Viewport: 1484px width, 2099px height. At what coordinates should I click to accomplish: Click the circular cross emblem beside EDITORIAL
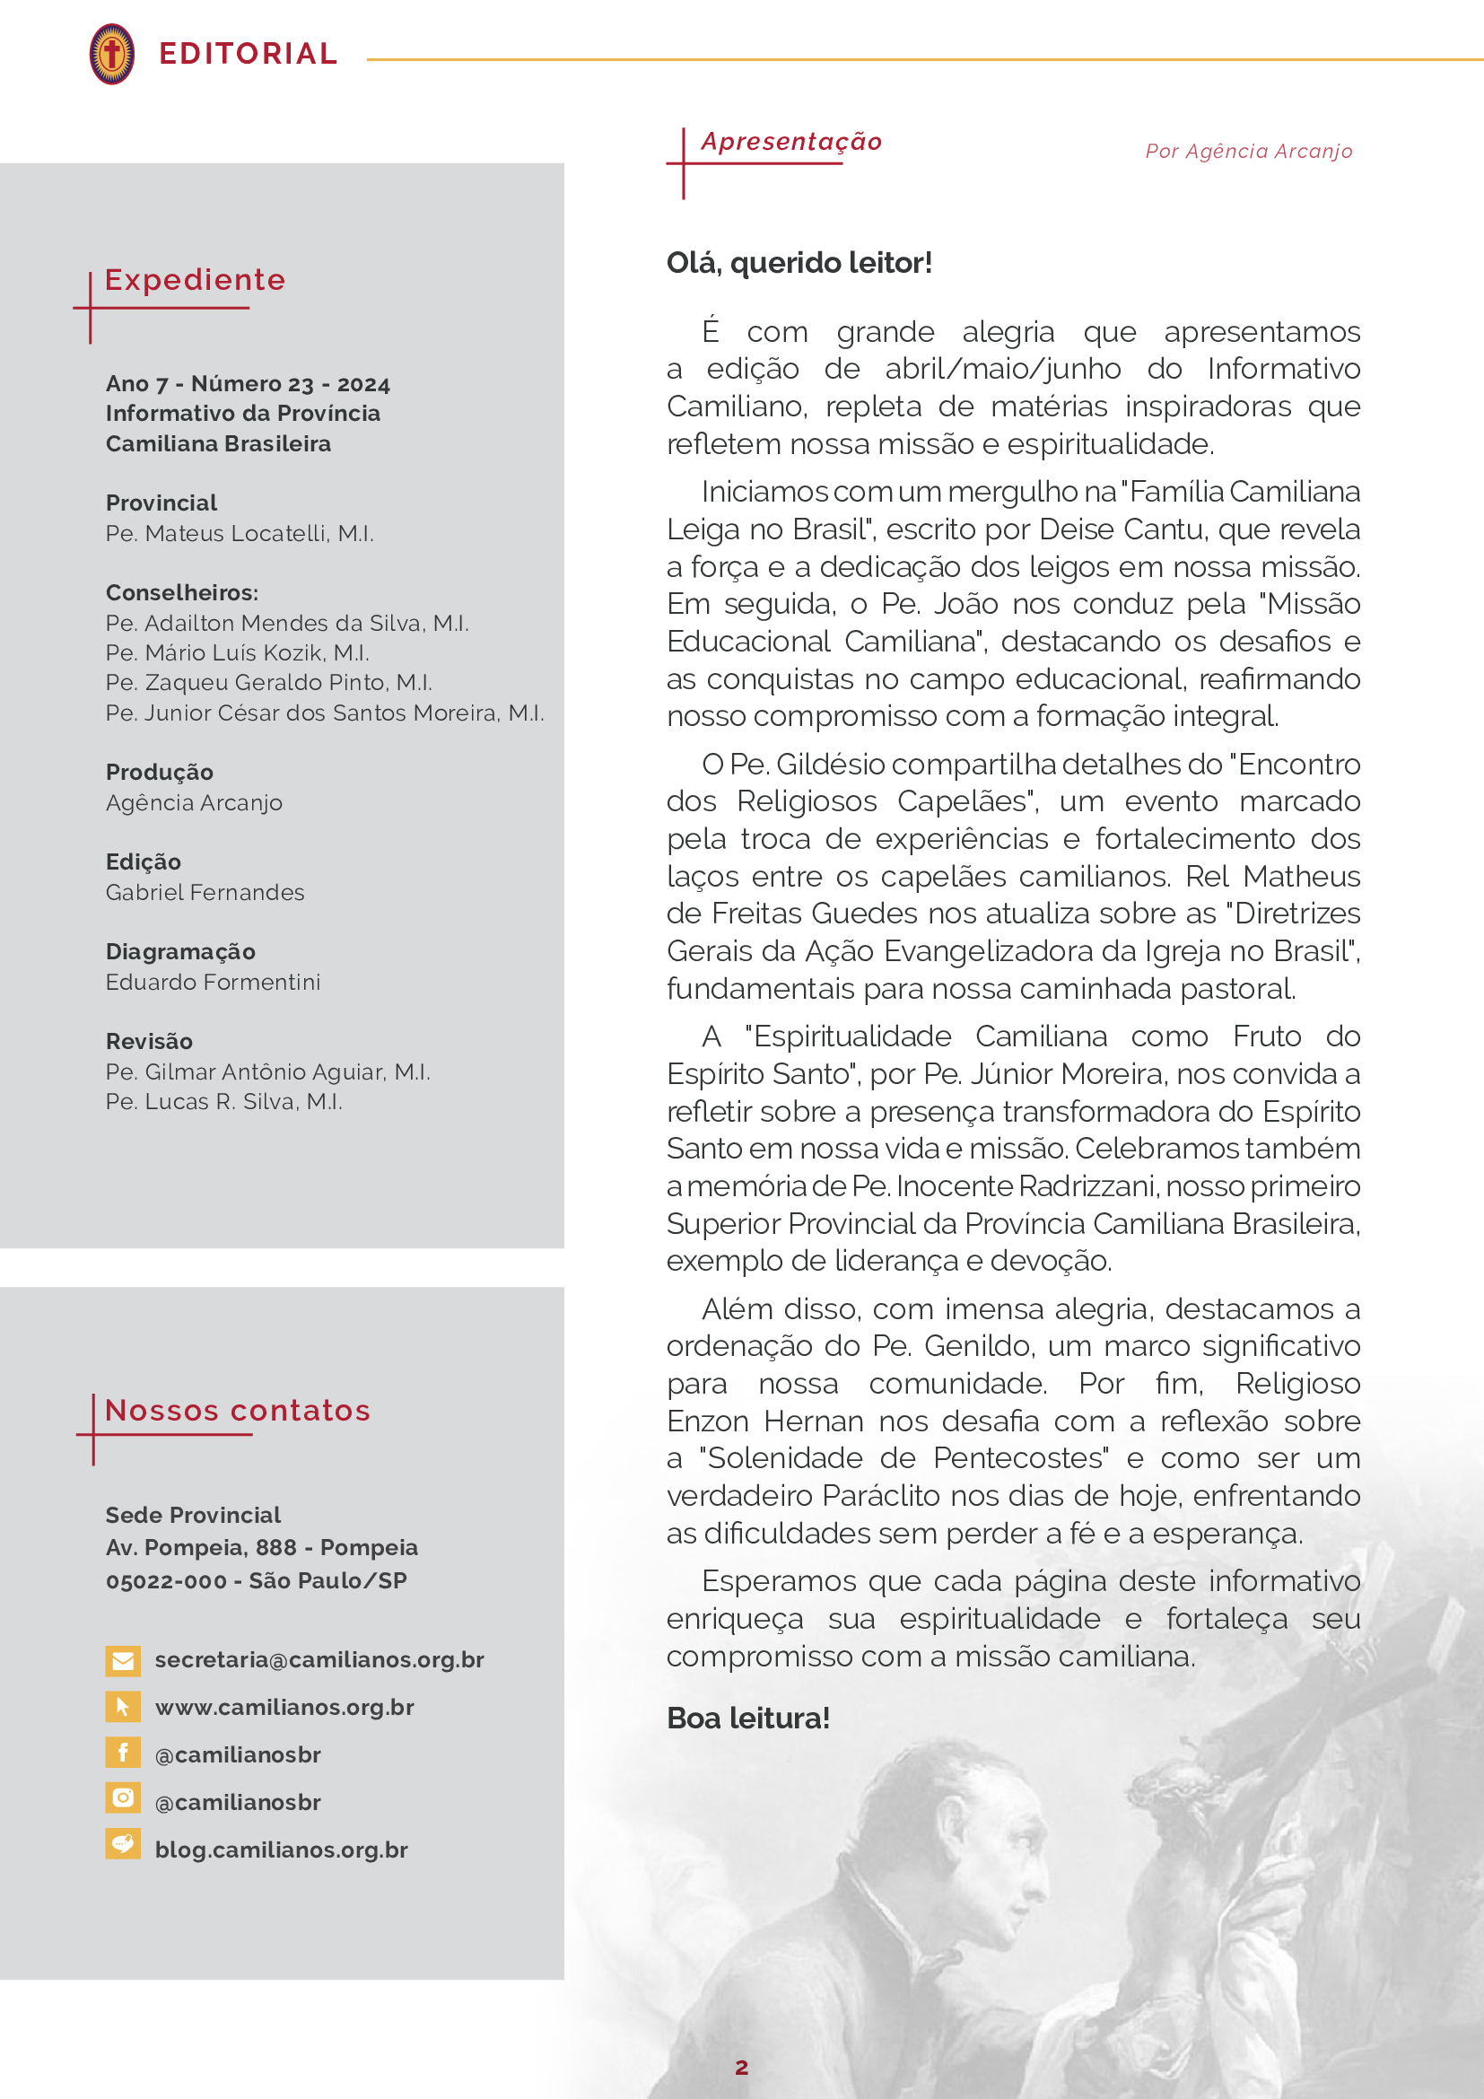coord(111,54)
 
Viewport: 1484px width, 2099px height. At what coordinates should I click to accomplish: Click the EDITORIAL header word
coord(248,54)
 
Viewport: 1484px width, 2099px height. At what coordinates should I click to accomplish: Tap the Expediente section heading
coord(195,280)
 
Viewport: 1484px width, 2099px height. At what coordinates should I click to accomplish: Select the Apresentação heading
coord(790,142)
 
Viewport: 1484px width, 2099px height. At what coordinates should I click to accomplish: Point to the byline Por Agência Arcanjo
coord(1248,152)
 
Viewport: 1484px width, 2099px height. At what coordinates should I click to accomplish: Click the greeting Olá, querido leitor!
coord(799,263)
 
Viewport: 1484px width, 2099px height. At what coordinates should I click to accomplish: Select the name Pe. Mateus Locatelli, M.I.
coord(240,533)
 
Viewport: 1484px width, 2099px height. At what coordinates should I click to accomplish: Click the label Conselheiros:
coord(182,592)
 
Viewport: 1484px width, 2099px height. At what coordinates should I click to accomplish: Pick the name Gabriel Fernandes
coord(205,892)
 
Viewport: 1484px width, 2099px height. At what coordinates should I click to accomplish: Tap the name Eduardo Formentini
coord(213,982)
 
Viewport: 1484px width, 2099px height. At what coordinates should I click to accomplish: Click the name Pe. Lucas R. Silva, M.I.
coord(224,1102)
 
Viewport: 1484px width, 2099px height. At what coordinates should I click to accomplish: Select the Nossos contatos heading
coord(238,1411)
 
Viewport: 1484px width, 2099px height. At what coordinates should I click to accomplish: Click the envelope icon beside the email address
coord(122,1660)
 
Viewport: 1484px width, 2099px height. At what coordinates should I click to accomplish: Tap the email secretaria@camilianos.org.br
coord(319,1660)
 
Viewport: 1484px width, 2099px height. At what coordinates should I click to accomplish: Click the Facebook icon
coord(122,1753)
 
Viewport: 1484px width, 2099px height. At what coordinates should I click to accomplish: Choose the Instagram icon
coord(122,1798)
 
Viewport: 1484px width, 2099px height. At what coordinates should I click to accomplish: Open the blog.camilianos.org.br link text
coord(282,1850)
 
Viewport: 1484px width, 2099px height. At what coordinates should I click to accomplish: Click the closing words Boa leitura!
coord(747,1719)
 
